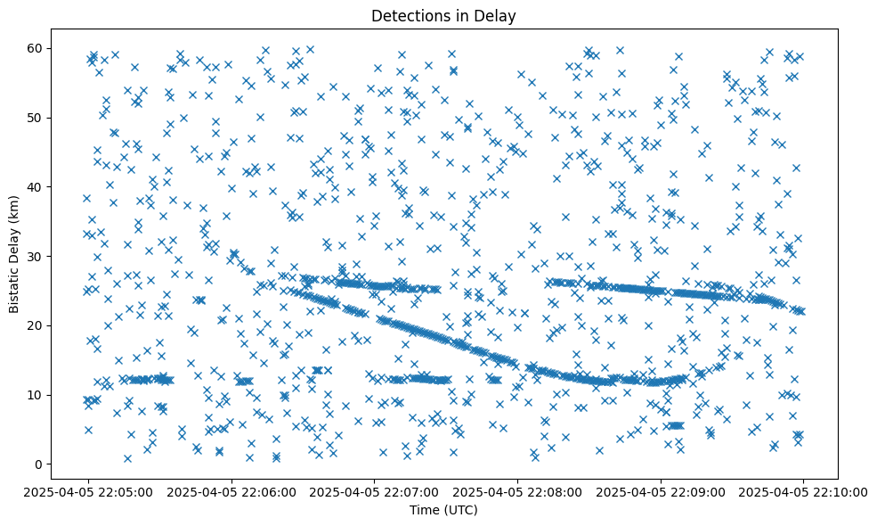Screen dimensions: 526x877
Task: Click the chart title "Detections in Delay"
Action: click(443, 16)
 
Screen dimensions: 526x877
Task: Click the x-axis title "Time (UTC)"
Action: click(443, 510)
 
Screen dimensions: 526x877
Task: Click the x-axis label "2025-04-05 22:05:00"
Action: click(88, 491)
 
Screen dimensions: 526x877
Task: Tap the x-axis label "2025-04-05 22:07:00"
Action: click(374, 491)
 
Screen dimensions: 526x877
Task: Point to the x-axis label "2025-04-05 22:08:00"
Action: click(517, 491)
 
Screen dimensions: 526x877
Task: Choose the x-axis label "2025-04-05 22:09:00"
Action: click(661, 491)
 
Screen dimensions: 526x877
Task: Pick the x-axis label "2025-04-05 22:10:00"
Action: click(803, 491)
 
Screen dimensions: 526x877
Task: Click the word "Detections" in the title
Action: click(406, 16)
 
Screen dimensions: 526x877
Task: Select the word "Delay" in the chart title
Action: click(498, 16)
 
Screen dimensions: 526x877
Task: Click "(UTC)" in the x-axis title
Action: click(460, 510)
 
